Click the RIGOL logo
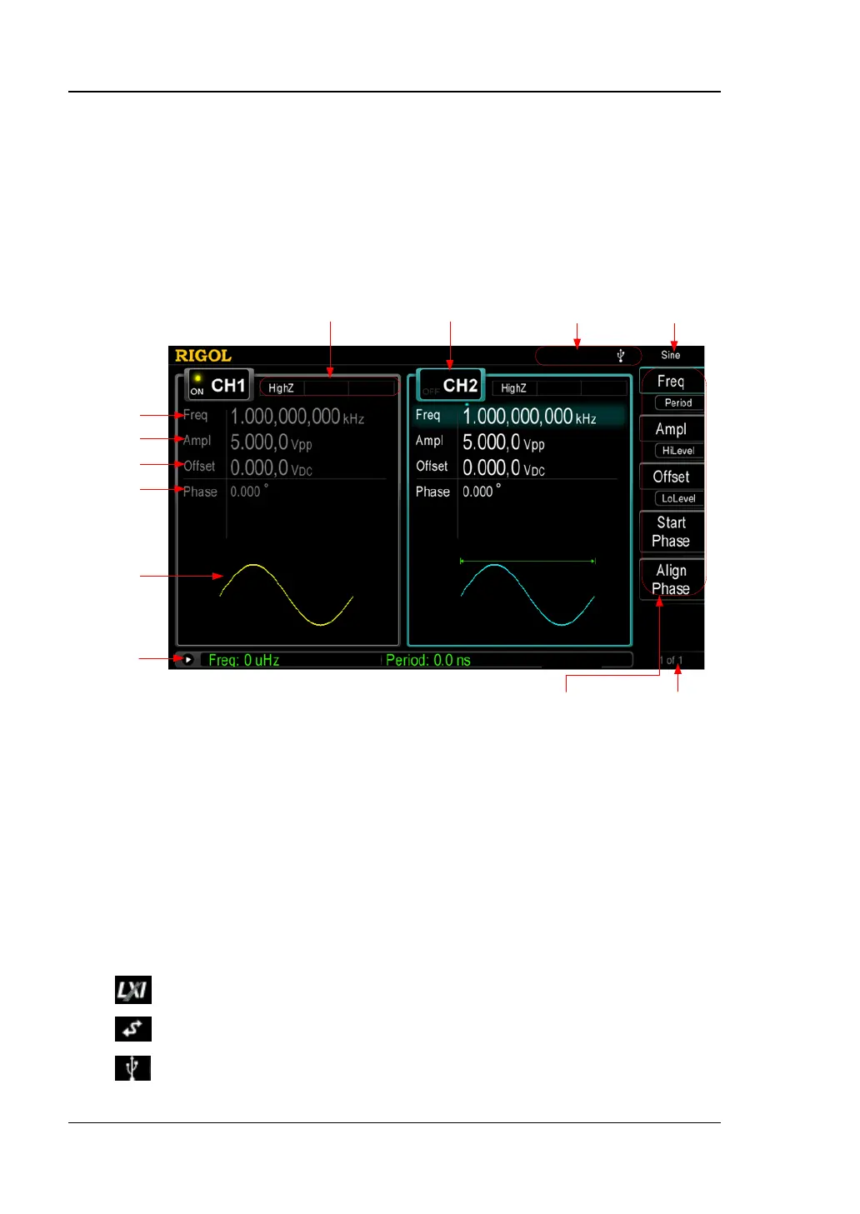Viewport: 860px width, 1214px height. coord(202,356)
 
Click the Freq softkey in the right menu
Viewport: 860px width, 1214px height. coord(671,382)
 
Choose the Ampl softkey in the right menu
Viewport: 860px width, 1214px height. coord(671,429)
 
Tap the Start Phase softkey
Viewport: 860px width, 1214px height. coord(671,532)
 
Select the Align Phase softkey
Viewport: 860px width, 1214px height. coord(671,579)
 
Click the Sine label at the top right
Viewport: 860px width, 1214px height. coord(671,355)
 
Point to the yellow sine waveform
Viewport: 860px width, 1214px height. coord(286,593)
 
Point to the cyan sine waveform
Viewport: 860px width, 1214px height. coord(527,593)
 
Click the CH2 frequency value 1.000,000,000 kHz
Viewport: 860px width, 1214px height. coord(528,417)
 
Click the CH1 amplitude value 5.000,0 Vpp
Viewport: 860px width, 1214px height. coord(271,442)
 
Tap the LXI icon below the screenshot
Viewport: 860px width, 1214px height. coord(132,990)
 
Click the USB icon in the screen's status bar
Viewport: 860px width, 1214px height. coord(621,356)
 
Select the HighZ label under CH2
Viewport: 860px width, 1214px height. coord(513,388)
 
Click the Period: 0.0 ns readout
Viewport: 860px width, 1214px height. coord(427,660)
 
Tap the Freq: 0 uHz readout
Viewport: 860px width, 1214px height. coord(243,660)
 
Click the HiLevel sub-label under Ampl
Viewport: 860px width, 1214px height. coord(678,451)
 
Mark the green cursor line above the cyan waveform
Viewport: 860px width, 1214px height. coord(527,562)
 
